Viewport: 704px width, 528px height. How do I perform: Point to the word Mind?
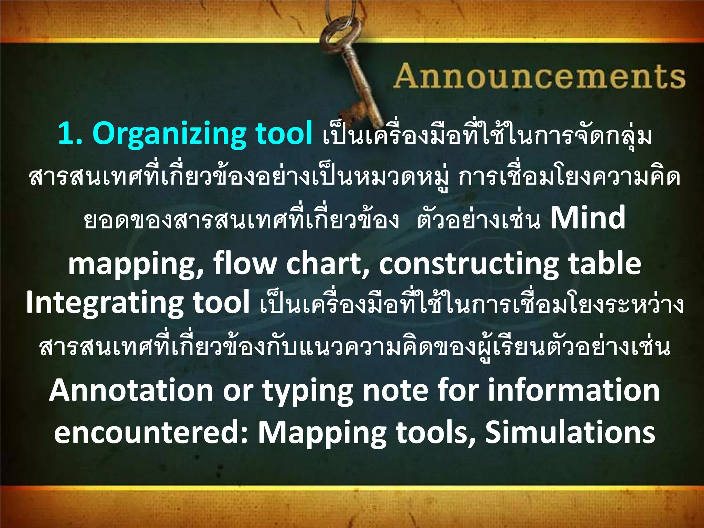pos(587,218)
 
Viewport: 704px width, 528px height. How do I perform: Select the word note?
pos(395,390)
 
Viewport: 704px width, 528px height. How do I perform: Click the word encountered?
pos(151,432)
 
